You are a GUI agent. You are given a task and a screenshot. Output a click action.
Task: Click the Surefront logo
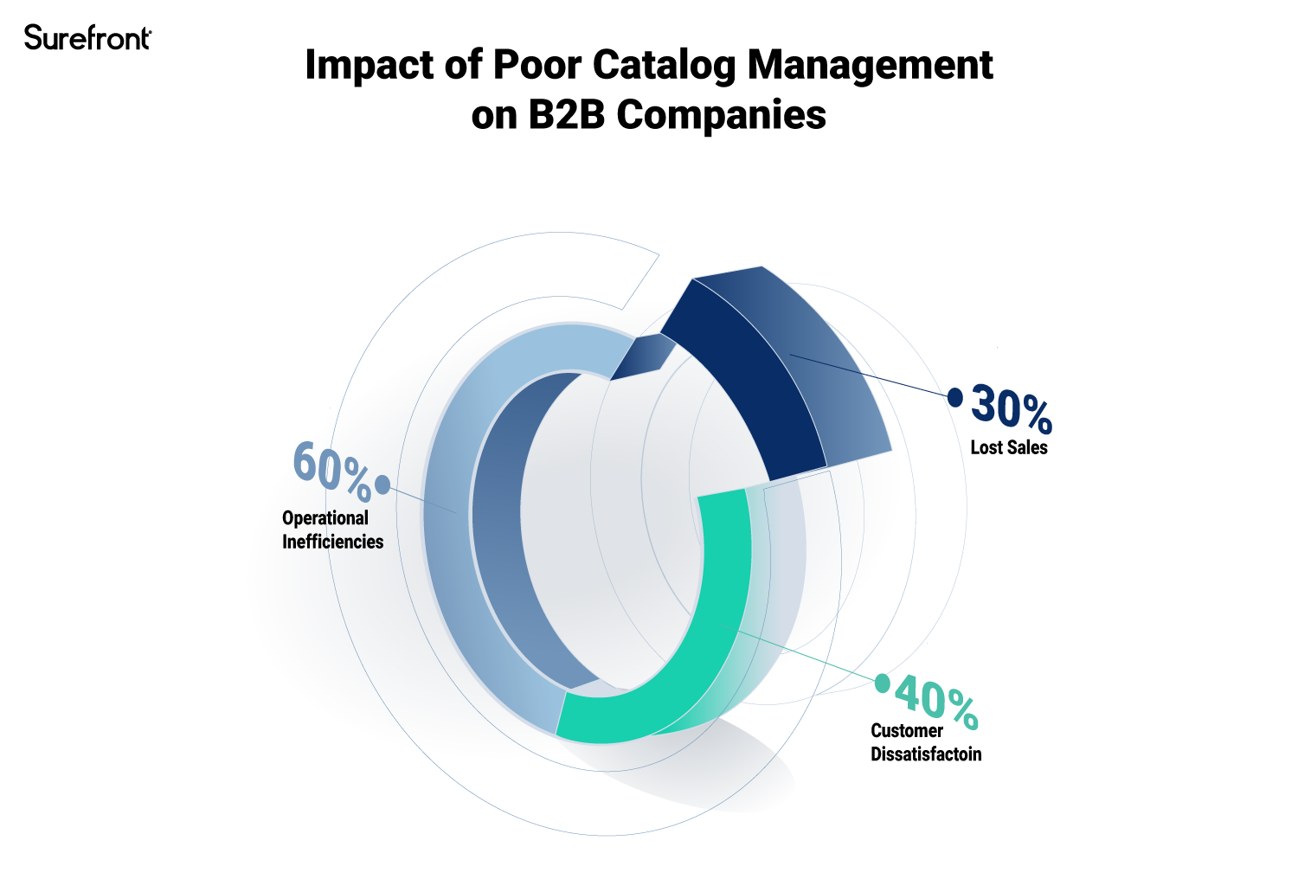87,38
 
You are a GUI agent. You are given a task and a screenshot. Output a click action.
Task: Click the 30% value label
1011,407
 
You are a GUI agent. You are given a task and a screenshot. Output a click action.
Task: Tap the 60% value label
331,470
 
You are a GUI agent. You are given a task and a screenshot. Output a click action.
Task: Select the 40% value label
936,700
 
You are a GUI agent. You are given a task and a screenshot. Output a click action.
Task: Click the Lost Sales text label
1009,447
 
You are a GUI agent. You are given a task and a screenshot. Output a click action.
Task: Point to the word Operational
325,518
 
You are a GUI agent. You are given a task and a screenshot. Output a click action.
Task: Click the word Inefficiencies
332,542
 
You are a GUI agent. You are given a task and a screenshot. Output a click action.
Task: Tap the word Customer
906,730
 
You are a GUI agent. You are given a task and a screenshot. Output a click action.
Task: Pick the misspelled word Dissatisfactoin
926,754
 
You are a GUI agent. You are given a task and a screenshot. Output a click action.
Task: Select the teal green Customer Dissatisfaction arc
692,658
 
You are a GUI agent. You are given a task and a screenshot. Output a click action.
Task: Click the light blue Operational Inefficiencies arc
450,519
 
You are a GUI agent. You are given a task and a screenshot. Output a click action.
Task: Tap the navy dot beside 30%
955,397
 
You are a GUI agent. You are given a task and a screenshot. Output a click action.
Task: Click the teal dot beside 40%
882,683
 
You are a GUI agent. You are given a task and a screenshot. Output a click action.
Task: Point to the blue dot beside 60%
382,484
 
